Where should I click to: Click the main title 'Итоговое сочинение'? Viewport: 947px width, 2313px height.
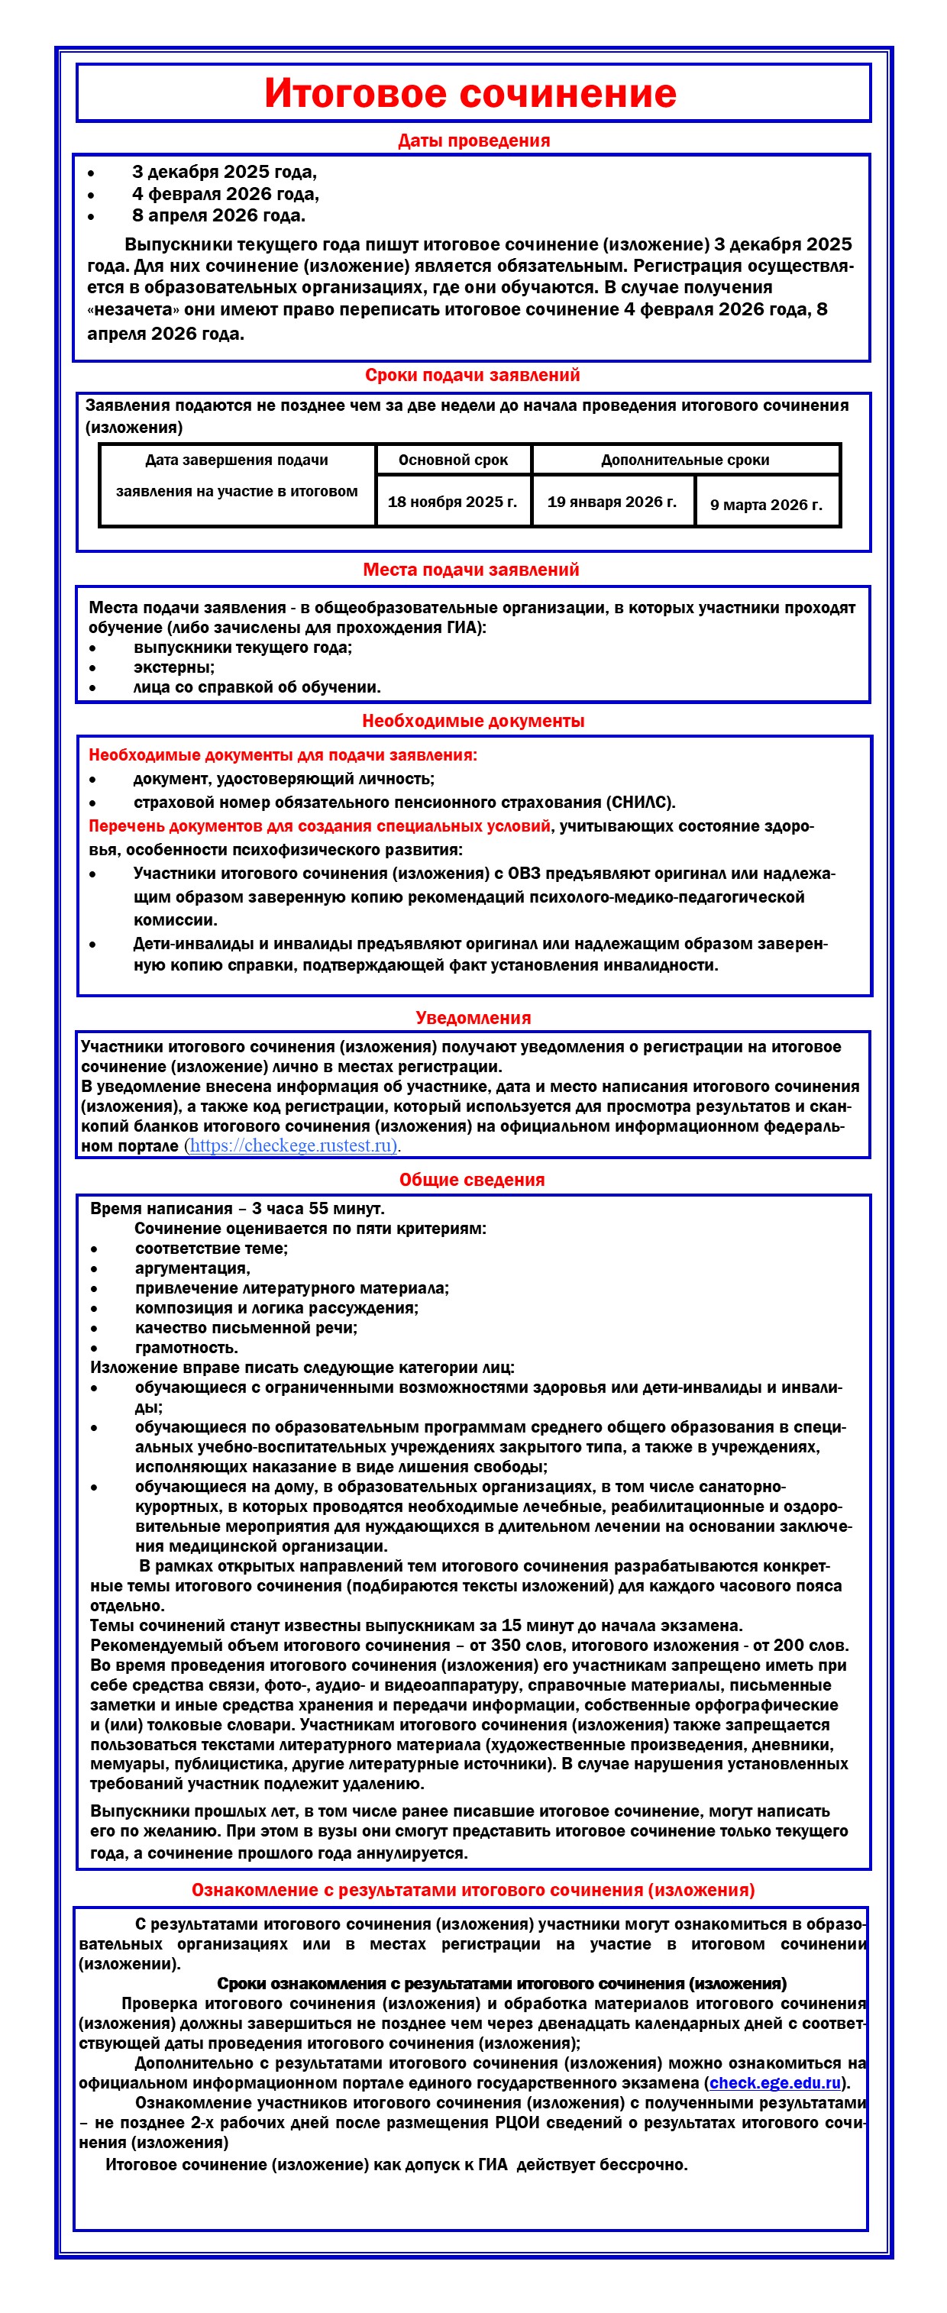(470, 93)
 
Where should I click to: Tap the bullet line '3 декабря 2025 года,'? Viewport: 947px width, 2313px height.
(224, 172)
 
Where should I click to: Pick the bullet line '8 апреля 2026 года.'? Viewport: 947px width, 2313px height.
(218, 215)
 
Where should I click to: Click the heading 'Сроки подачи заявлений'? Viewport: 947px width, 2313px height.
(472, 376)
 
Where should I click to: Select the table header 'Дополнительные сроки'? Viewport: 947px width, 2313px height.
(685, 460)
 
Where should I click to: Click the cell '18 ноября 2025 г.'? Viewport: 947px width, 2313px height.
(452, 502)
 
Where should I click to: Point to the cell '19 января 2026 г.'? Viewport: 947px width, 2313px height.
(612, 502)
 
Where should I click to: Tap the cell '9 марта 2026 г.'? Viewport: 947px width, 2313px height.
(766, 505)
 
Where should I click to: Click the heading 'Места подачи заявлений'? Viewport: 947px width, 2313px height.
(470, 569)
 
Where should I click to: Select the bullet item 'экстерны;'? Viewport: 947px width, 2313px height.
(174, 667)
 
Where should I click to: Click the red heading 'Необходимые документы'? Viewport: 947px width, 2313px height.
(473, 720)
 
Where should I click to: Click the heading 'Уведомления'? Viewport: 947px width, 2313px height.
(473, 1017)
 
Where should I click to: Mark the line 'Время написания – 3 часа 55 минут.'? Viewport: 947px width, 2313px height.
(237, 1209)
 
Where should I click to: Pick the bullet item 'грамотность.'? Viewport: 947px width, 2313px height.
(186, 1348)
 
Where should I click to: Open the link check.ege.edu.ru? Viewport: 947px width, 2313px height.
(774, 2083)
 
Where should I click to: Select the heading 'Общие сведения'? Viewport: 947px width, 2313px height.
(472, 1180)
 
